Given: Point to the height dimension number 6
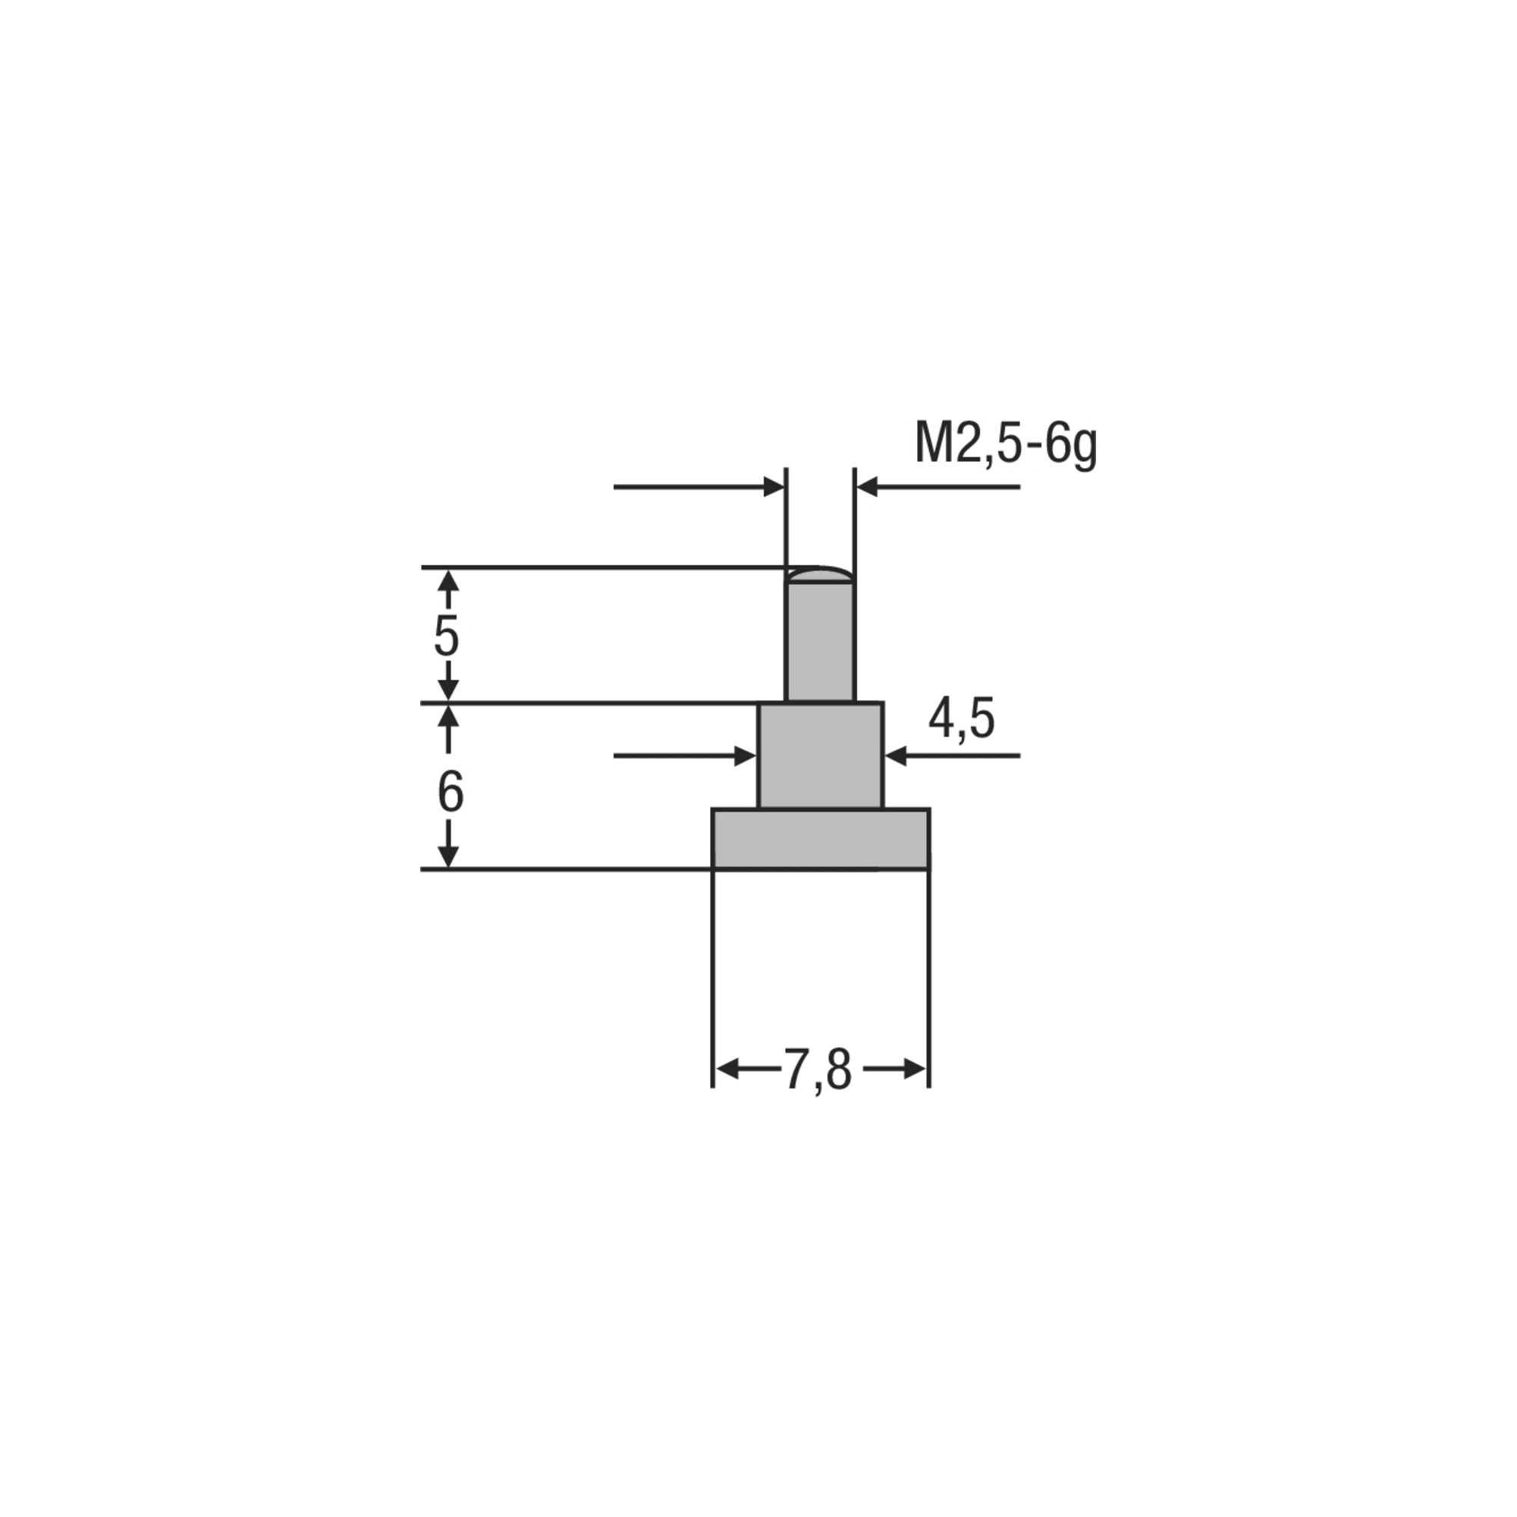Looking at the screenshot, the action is click(450, 793).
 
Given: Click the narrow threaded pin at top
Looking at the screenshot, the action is click(820, 633).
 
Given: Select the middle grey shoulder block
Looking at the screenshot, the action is click(820, 755).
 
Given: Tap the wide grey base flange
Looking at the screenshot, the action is click(821, 839).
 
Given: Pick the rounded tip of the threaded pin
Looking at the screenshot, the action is click(820, 576).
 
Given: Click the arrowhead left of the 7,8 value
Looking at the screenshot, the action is click(727, 1069).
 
